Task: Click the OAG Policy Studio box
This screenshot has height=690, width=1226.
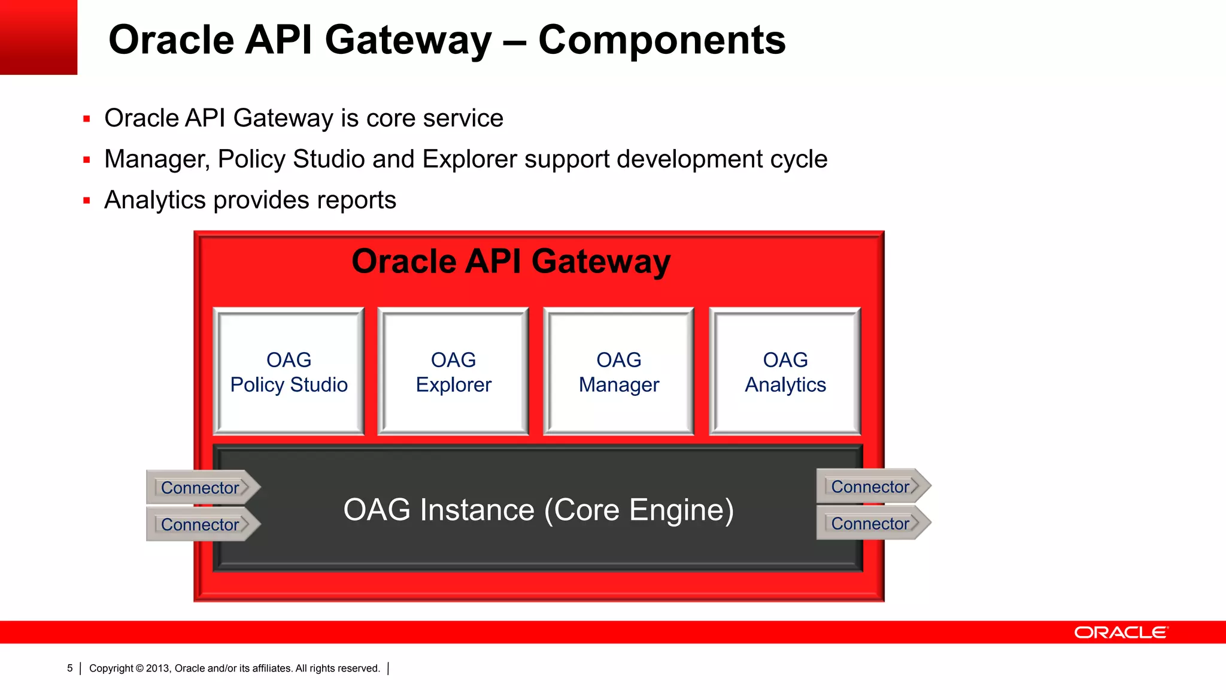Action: pos(289,371)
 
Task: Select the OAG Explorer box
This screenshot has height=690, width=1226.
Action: pos(453,371)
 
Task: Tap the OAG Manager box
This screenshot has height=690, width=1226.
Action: pos(618,371)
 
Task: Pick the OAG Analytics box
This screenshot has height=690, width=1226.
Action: pos(785,371)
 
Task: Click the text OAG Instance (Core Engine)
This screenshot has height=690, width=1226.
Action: pos(538,510)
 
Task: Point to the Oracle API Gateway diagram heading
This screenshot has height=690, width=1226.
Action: pos(511,262)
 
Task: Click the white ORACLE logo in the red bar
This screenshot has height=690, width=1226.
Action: pos(1121,632)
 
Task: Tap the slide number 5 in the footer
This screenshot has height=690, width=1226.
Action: pos(70,668)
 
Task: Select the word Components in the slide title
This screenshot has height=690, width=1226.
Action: pos(661,40)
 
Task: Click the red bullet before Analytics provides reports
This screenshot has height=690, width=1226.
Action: pos(87,201)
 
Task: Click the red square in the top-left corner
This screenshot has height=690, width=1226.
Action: pos(38,37)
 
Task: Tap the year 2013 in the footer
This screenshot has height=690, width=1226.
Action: pos(158,668)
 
